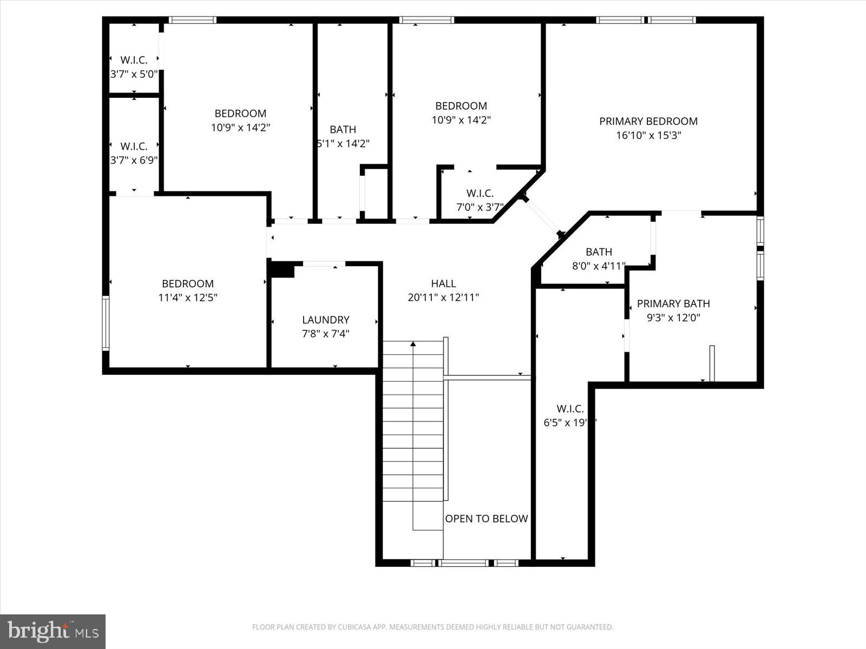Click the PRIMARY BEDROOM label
click(x=648, y=121)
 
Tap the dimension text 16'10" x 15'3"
click(x=648, y=135)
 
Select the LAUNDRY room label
click(x=325, y=320)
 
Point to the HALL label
click(x=443, y=283)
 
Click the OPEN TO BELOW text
click(x=486, y=519)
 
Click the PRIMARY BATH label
click(x=673, y=303)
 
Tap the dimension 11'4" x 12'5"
click(x=188, y=297)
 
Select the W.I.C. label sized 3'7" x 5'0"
click(x=134, y=60)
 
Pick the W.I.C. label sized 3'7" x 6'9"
click(x=134, y=147)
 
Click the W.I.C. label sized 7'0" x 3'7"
click(x=480, y=193)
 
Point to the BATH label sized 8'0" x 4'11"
click(x=599, y=252)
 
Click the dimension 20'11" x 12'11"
click(x=443, y=297)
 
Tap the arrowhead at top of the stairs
click(x=413, y=343)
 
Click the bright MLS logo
click(x=53, y=631)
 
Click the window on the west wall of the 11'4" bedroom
click(x=106, y=323)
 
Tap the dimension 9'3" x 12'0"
click(x=673, y=318)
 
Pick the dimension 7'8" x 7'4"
click(x=325, y=334)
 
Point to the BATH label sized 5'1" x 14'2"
click(x=343, y=129)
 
